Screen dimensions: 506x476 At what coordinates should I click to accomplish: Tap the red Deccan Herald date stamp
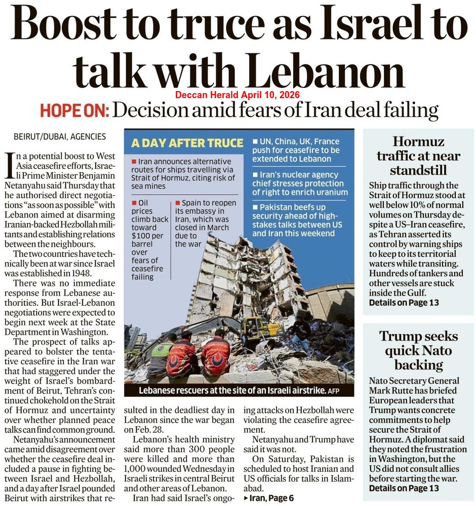click(237, 95)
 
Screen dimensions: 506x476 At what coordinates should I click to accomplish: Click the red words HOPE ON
click(74, 110)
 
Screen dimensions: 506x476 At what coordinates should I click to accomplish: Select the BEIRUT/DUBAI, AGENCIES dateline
click(60, 136)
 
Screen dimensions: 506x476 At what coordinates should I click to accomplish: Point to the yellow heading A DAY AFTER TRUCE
click(187, 143)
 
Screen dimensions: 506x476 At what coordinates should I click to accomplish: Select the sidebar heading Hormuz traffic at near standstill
click(418, 155)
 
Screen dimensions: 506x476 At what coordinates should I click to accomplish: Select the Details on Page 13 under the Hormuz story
click(404, 303)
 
